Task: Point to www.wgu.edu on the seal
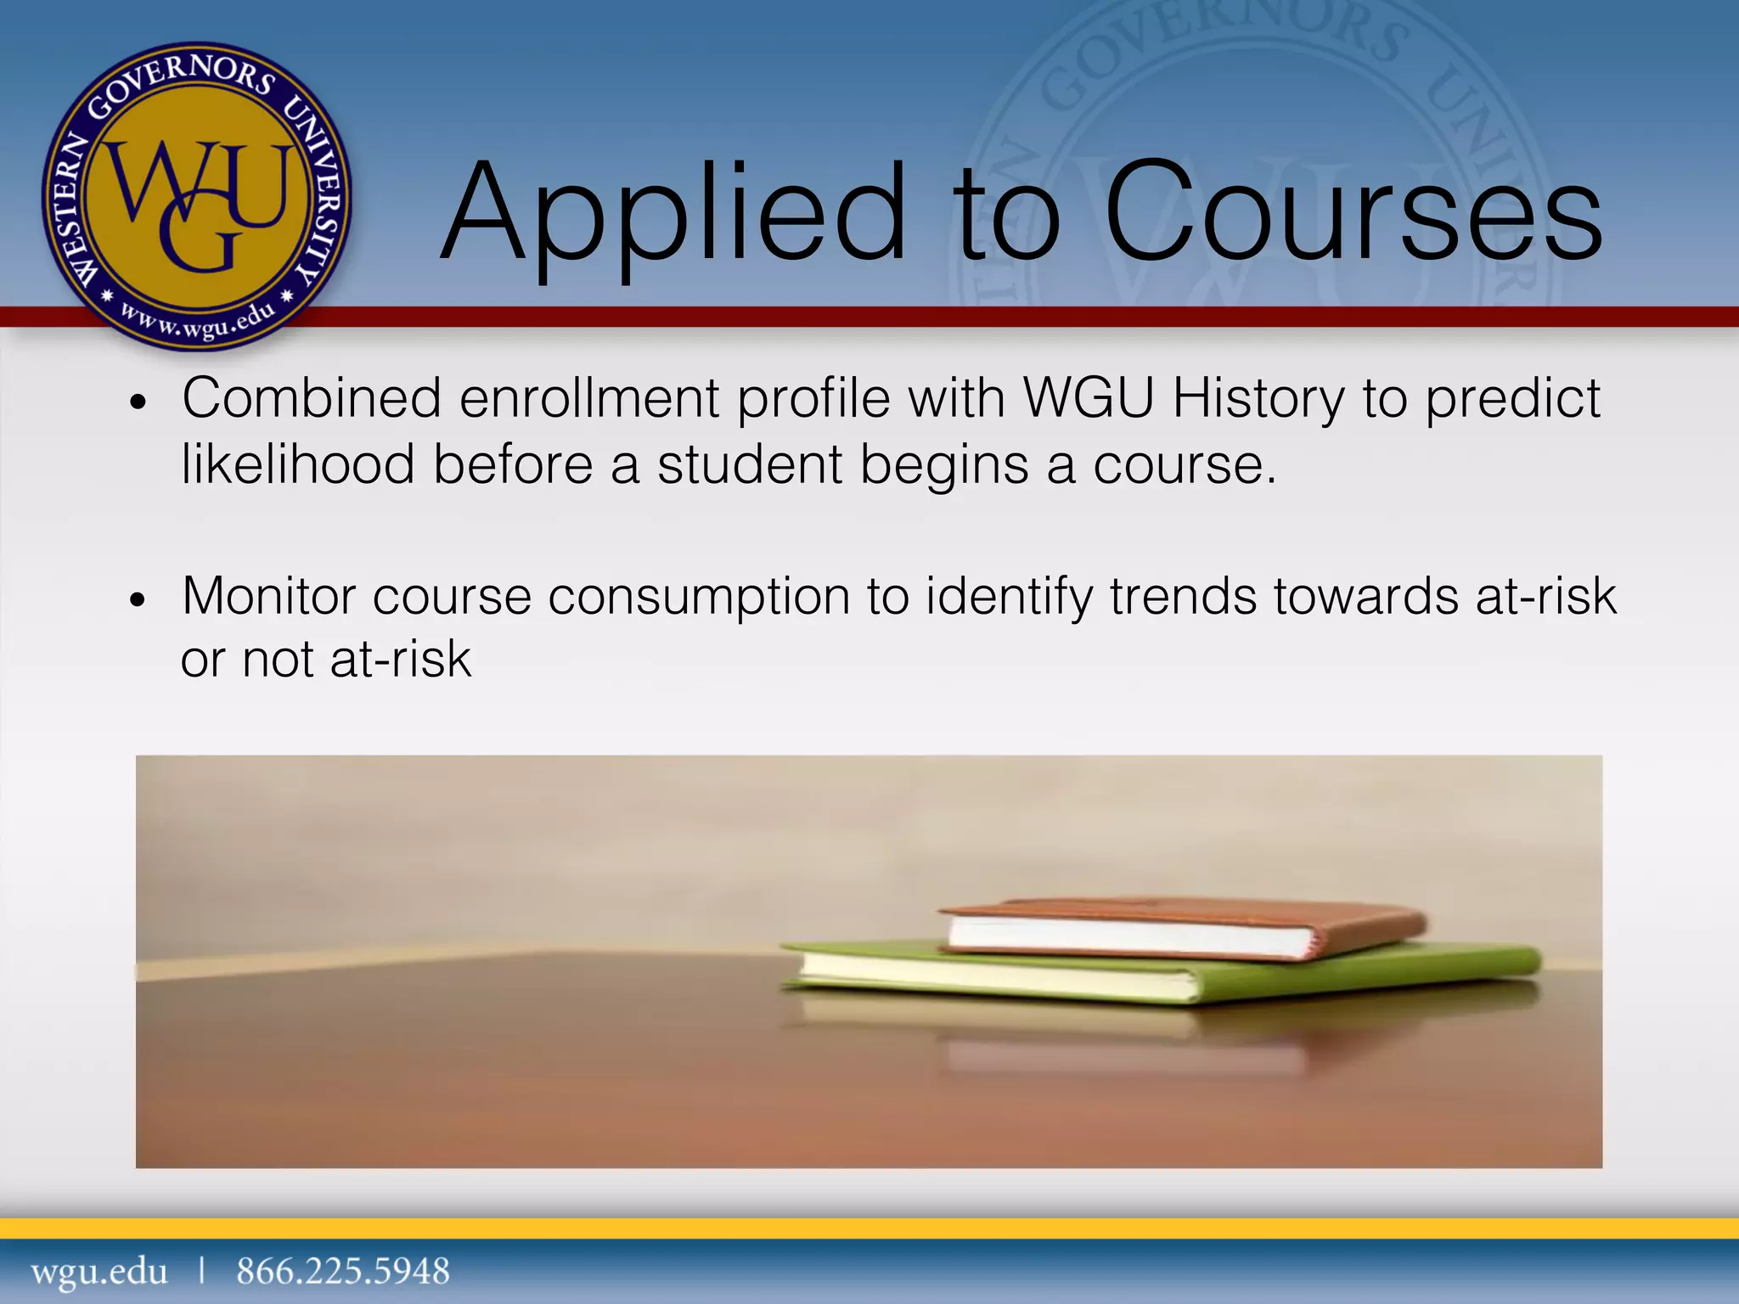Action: [x=197, y=321]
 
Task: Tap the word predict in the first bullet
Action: [x=1511, y=399]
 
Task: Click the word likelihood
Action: [x=298, y=464]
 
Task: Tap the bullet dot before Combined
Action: [x=138, y=402]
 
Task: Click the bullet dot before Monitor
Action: [x=138, y=600]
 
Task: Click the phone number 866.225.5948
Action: [x=343, y=1271]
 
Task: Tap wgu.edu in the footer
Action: [x=99, y=1271]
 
